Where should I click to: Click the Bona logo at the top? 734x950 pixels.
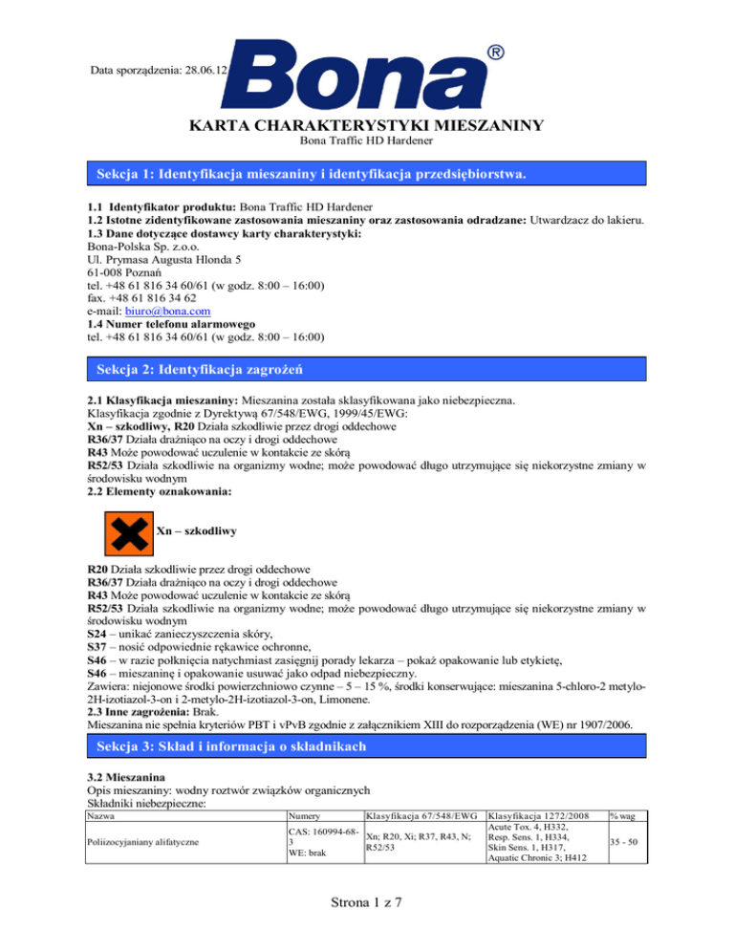368,69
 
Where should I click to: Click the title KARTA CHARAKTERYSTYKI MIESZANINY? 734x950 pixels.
366,125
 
